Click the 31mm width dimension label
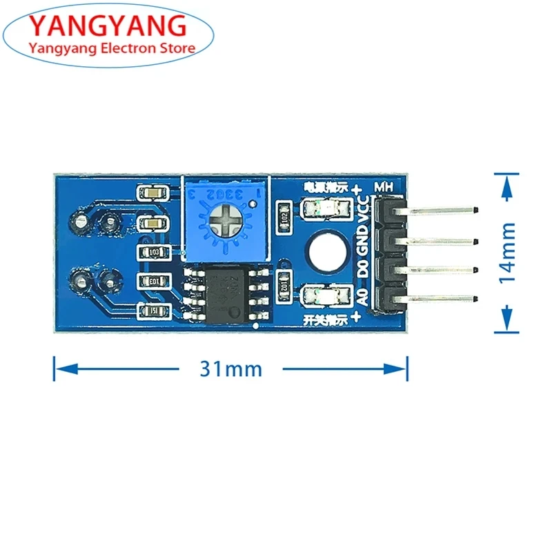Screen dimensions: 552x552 pyautogui.click(x=231, y=368)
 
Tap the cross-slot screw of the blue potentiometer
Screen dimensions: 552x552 pyautogui.click(x=223, y=219)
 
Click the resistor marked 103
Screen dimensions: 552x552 pyautogui.click(x=154, y=252)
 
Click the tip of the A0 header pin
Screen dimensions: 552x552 pyautogui.click(x=476, y=298)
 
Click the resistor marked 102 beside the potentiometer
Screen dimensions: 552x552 pyautogui.click(x=283, y=214)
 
